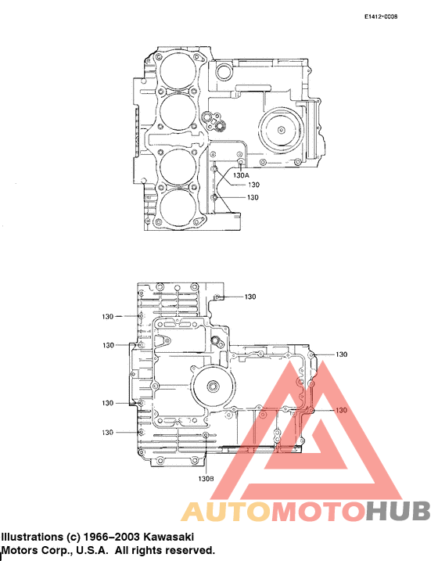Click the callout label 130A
pos(241,176)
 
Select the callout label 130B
pos(206,478)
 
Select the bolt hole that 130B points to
pos(206,436)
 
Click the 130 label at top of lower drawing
pos(250,297)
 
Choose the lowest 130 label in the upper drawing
pos(253,198)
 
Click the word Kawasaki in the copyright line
pos(168,538)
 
